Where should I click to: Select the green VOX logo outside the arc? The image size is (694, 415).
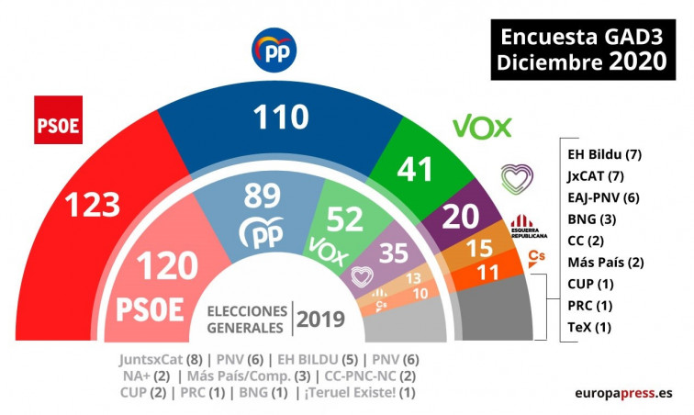click(x=481, y=126)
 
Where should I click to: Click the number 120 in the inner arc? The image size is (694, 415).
click(x=167, y=266)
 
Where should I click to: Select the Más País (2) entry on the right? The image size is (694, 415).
click(x=605, y=262)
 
